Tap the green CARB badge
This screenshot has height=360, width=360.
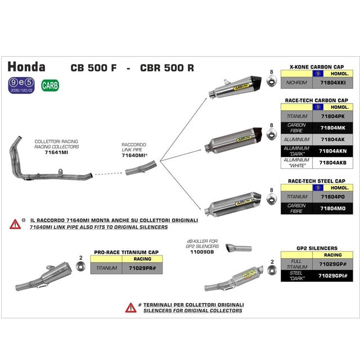49,86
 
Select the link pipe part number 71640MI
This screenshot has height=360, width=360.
134,155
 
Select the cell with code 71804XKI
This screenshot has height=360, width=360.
332,82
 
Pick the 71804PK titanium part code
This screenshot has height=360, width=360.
332,116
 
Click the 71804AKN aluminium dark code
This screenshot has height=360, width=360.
332,151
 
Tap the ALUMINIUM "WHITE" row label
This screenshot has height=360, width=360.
296,163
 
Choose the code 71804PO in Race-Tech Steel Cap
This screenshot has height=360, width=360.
332,197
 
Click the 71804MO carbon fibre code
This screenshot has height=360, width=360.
332,209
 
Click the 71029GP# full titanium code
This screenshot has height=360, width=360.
332,264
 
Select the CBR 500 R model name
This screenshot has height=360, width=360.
167,68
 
